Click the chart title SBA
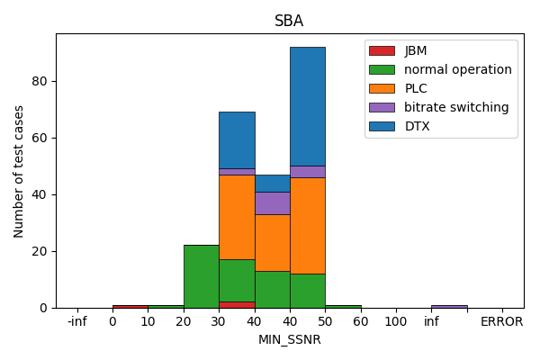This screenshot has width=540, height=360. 289,21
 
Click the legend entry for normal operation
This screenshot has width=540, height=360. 457,69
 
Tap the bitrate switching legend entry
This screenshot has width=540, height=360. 455,107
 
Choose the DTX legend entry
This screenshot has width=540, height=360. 417,126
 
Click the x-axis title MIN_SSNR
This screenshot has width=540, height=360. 289,339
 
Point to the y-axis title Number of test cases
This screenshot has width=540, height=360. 19,171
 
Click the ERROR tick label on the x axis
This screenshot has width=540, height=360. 501,321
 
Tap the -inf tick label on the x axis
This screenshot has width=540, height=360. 77,321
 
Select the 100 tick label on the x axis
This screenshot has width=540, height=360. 396,321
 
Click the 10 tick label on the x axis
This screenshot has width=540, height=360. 148,321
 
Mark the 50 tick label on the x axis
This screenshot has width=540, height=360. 325,321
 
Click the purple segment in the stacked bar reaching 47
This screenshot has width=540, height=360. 272,202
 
